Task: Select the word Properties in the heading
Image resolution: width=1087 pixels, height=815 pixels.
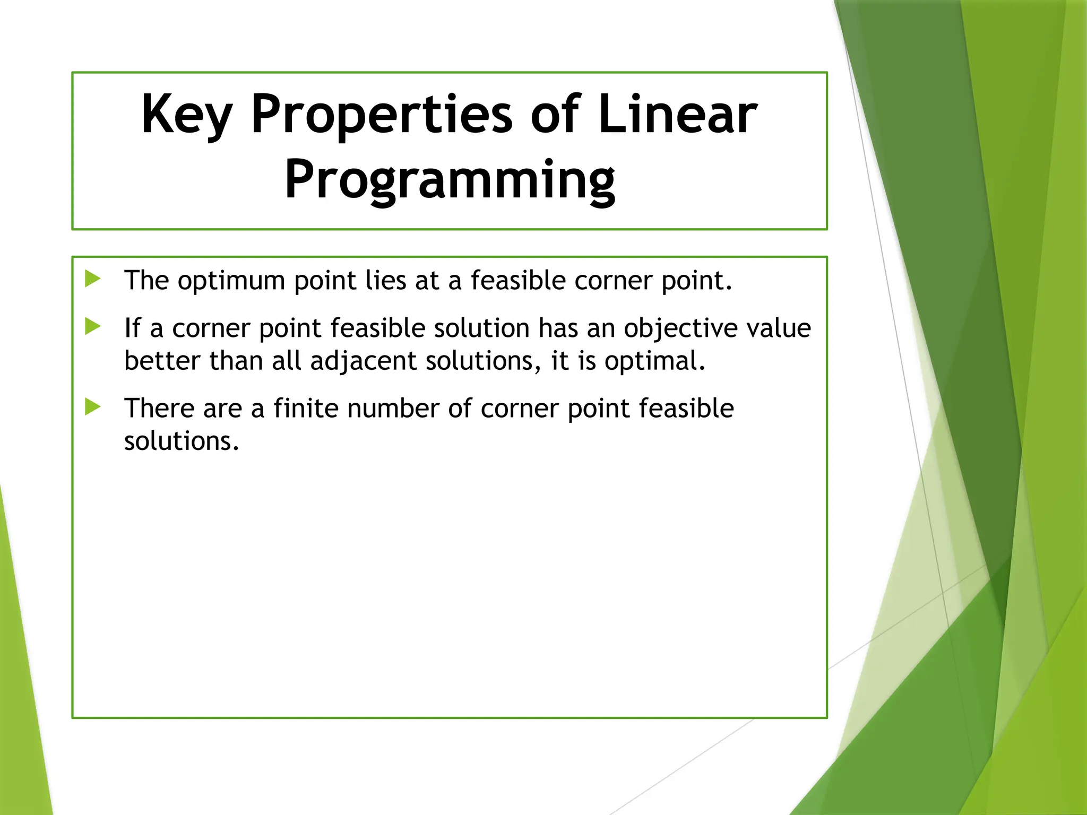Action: pos(382,114)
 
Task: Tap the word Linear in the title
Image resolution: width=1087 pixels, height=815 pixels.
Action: pos(677,114)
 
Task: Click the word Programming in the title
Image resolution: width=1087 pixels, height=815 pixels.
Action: pos(450,180)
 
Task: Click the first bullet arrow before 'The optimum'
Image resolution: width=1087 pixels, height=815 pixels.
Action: pos(93,279)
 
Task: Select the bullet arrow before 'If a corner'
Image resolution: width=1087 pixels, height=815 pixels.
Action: pos(93,326)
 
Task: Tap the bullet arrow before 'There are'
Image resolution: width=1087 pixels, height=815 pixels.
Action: pos(93,407)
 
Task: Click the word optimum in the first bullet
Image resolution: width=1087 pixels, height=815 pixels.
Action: pos(231,281)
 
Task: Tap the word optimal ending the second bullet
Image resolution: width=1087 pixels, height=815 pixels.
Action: pos(654,361)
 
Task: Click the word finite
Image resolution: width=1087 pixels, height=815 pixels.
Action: pos(306,408)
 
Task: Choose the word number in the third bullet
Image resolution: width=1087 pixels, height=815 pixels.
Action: pos(393,408)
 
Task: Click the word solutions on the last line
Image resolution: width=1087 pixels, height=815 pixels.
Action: pos(181,441)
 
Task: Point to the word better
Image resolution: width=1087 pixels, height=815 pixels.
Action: pos(162,360)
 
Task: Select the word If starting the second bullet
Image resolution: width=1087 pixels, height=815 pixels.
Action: pos(132,327)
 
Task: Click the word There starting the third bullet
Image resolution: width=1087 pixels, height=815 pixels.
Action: pos(159,408)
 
